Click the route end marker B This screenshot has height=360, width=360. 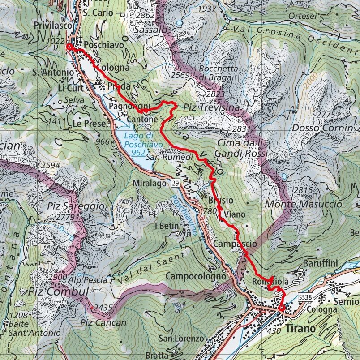click(281, 308)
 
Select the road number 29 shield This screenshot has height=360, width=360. click(175, 183)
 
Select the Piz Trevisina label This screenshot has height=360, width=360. click(211, 107)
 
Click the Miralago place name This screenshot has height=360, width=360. click(150, 183)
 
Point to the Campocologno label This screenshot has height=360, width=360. click(196, 276)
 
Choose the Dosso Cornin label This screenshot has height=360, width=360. click(322, 129)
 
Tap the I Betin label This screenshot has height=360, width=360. click(166, 226)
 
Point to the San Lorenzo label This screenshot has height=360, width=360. click(183, 339)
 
